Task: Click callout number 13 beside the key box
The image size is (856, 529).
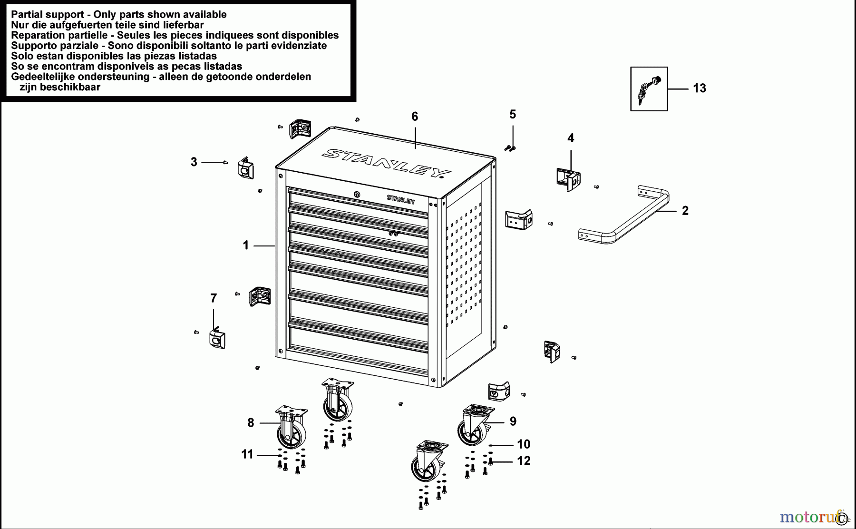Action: tap(699, 88)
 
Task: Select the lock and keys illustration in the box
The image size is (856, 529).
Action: tap(649, 90)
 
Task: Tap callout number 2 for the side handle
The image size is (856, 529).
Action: tap(685, 211)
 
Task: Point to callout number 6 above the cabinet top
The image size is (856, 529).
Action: tap(414, 117)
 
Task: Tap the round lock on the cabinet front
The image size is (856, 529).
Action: tap(357, 194)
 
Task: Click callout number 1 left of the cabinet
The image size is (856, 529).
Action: tap(245, 245)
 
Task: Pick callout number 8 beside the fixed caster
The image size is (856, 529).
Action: tap(251, 422)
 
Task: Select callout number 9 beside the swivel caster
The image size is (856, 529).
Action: tap(513, 421)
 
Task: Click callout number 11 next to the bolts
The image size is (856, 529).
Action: tap(247, 454)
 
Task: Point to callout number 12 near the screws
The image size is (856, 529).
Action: tap(523, 460)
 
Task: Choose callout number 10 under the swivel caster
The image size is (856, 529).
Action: tap(523, 444)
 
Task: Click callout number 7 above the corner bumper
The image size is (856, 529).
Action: tap(213, 298)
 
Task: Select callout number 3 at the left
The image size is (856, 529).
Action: tap(194, 162)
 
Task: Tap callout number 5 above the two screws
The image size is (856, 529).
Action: tap(512, 114)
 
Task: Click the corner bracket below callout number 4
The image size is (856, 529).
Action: tap(567, 179)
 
